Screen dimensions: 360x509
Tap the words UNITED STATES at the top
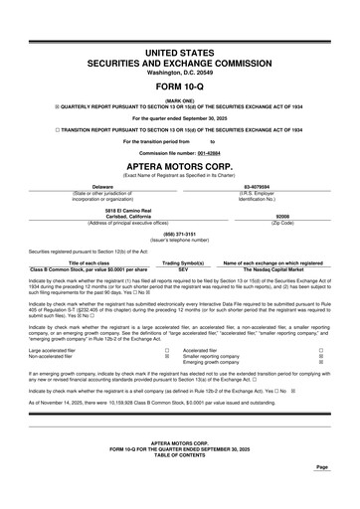(180, 50)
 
